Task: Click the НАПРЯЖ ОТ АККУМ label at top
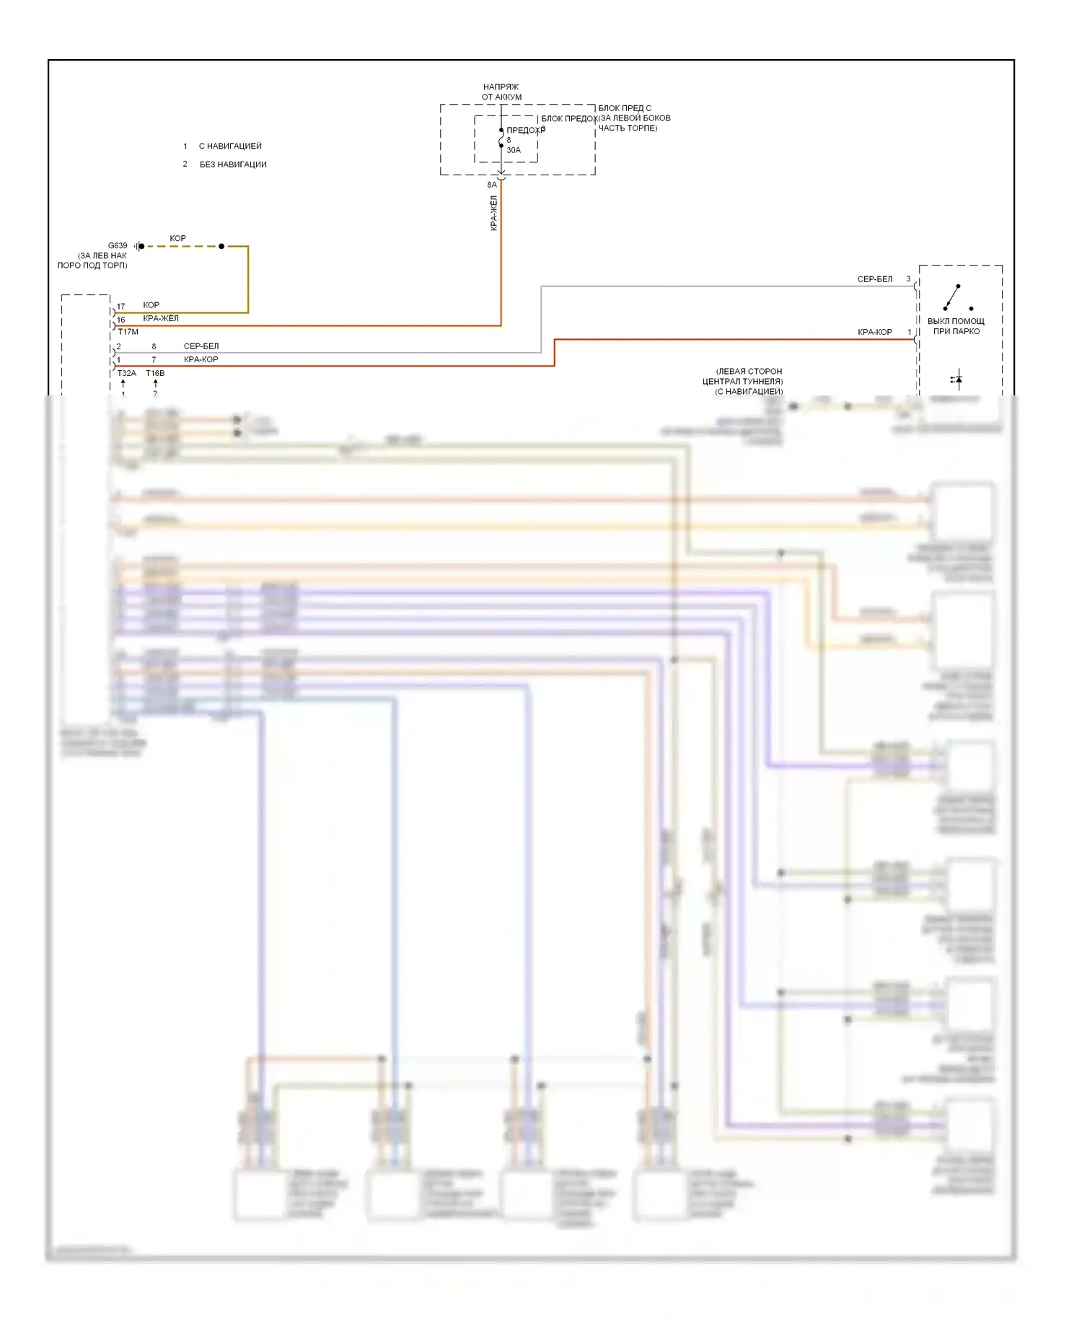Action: (x=501, y=92)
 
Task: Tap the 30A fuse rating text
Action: (x=514, y=150)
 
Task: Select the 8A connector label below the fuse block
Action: (x=492, y=185)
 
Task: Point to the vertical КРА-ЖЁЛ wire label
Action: (x=494, y=213)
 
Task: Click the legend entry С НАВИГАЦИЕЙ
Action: (x=230, y=146)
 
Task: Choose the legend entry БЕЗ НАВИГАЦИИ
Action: (x=233, y=165)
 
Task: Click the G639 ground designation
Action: (x=118, y=245)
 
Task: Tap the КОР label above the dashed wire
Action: (x=177, y=238)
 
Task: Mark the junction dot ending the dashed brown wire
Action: (x=221, y=246)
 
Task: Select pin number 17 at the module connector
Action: (x=121, y=307)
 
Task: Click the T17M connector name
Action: (x=128, y=332)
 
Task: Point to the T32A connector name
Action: (x=126, y=373)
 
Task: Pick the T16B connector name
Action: (x=155, y=373)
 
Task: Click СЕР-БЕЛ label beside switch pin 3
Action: (x=874, y=279)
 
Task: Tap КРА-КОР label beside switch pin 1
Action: (x=874, y=332)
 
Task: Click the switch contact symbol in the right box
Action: (x=956, y=297)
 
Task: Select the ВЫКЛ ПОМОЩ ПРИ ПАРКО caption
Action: (x=956, y=326)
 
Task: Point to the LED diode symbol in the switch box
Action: (x=956, y=379)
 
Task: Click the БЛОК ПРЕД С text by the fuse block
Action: (x=625, y=108)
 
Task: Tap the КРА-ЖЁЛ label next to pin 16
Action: (x=161, y=318)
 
